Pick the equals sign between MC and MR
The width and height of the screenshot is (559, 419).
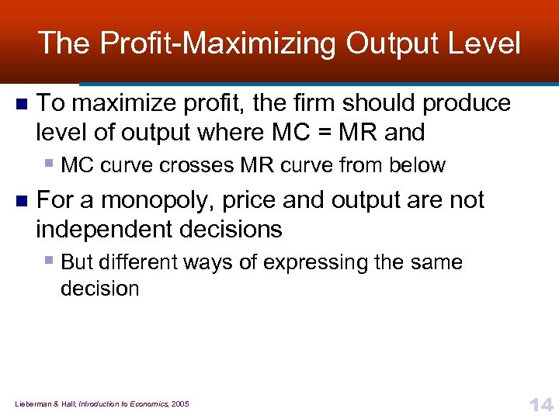click(327, 133)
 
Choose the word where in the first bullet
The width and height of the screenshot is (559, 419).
click(231, 133)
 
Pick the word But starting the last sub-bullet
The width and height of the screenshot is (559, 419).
click(76, 262)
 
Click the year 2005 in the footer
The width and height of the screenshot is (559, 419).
click(179, 403)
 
